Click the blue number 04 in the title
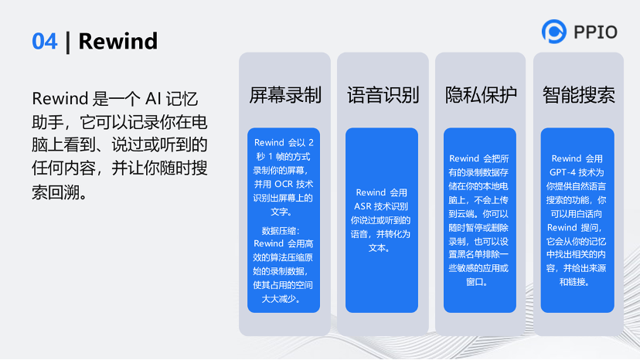(45, 41)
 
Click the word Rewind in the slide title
(118, 41)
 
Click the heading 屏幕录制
(285, 95)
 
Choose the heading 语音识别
(383, 95)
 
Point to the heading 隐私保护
(481, 95)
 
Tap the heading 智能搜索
(579, 95)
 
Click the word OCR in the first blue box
(285, 184)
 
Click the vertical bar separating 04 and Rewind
(68, 41)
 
